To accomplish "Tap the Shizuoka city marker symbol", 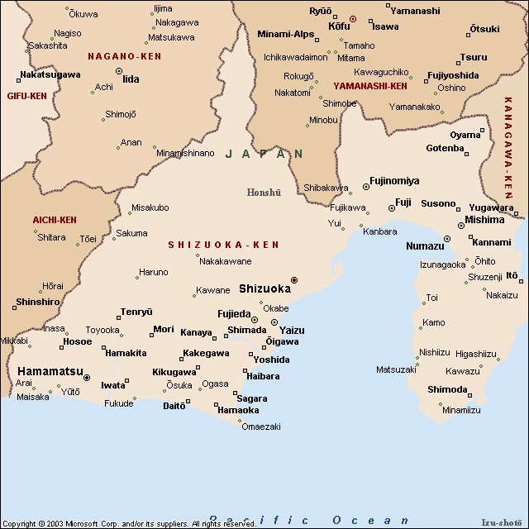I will [x=293, y=280].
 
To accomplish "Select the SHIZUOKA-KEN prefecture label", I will [x=223, y=245].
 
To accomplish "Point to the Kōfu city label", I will [x=339, y=26].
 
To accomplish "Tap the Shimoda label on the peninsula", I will [x=447, y=389].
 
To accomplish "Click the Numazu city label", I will [x=426, y=246].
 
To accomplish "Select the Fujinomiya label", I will [x=394, y=180].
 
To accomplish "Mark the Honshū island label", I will [x=264, y=193].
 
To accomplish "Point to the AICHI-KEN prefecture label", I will [x=55, y=220].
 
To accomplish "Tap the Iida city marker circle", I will [x=119, y=71].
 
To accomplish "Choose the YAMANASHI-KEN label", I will [x=370, y=85].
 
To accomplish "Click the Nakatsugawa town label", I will [x=50, y=74].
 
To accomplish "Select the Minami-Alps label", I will [x=286, y=34].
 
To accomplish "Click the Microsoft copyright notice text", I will [x=130, y=523].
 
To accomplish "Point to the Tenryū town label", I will [x=136, y=312].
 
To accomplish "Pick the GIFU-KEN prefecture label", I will [x=26, y=96].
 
